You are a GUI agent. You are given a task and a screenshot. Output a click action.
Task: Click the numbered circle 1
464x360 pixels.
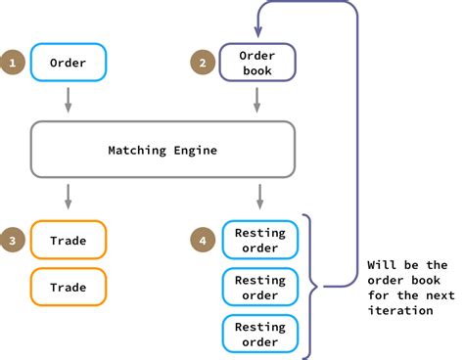pyautogui.click(x=13, y=63)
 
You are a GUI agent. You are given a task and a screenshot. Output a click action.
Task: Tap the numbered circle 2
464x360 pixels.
pyautogui.click(x=202, y=63)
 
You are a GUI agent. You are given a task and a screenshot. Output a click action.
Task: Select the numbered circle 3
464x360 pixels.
pyautogui.click(x=13, y=239)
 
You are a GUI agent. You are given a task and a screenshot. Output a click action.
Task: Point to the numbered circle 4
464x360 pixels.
pyautogui.click(x=202, y=239)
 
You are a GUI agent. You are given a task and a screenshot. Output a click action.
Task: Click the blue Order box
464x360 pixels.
pyautogui.click(x=68, y=63)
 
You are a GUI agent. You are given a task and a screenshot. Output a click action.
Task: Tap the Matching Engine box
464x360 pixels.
pyautogui.click(x=162, y=150)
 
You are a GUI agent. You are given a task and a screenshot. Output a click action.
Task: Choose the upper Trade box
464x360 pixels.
pyautogui.click(x=68, y=239)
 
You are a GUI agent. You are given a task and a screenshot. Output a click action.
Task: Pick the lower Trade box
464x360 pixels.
pyautogui.click(x=68, y=288)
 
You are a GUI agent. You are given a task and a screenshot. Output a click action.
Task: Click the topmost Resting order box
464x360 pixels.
pyautogui.click(x=259, y=239)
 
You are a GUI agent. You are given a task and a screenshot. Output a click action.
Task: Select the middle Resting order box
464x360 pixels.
pyautogui.click(x=259, y=288)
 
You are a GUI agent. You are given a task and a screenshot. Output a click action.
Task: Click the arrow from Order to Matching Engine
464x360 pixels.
pyautogui.click(x=68, y=100)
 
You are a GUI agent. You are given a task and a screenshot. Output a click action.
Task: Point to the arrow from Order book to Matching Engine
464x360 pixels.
pyautogui.click(x=258, y=100)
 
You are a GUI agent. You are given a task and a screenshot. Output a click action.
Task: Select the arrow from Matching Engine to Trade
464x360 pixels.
pyautogui.click(x=68, y=196)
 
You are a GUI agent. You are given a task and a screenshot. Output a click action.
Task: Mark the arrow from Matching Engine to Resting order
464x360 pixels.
pyautogui.click(x=258, y=196)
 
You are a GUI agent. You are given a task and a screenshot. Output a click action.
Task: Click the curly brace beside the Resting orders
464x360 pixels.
pyautogui.click(x=311, y=287)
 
